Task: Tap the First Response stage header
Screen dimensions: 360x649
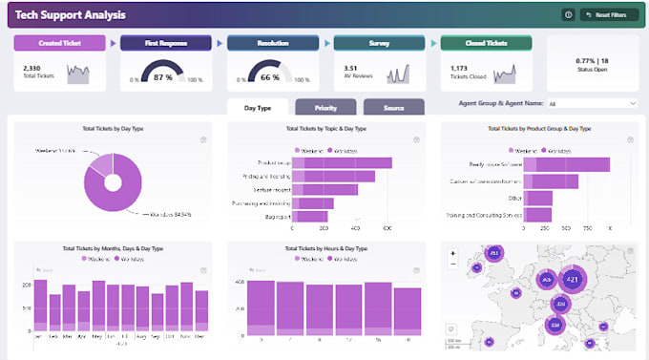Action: [x=164, y=43]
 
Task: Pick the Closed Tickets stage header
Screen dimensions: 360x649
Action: [x=485, y=43]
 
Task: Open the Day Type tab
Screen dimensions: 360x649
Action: [x=258, y=108]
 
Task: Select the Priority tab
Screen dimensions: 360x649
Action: [x=325, y=108]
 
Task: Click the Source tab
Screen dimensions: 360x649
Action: [x=393, y=108]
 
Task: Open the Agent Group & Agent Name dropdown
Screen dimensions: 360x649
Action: [x=592, y=103]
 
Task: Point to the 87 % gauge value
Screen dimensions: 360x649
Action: [x=164, y=76]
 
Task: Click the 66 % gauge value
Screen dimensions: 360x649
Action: [x=270, y=76]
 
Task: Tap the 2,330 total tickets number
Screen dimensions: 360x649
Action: [x=32, y=68]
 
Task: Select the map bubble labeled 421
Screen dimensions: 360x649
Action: [x=573, y=280]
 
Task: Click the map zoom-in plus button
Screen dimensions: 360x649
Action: [x=453, y=254]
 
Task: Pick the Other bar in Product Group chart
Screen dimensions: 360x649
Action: [x=538, y=198]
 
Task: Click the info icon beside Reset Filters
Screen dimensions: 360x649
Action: [x=568, y=15]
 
